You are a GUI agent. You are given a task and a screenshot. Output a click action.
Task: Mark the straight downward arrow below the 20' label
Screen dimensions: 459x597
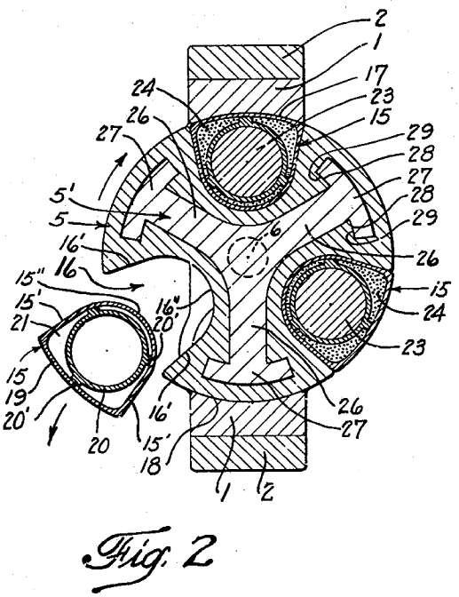[x=57, y=424]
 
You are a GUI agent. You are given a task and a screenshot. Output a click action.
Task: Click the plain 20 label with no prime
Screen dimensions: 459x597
[x=99, y=446]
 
